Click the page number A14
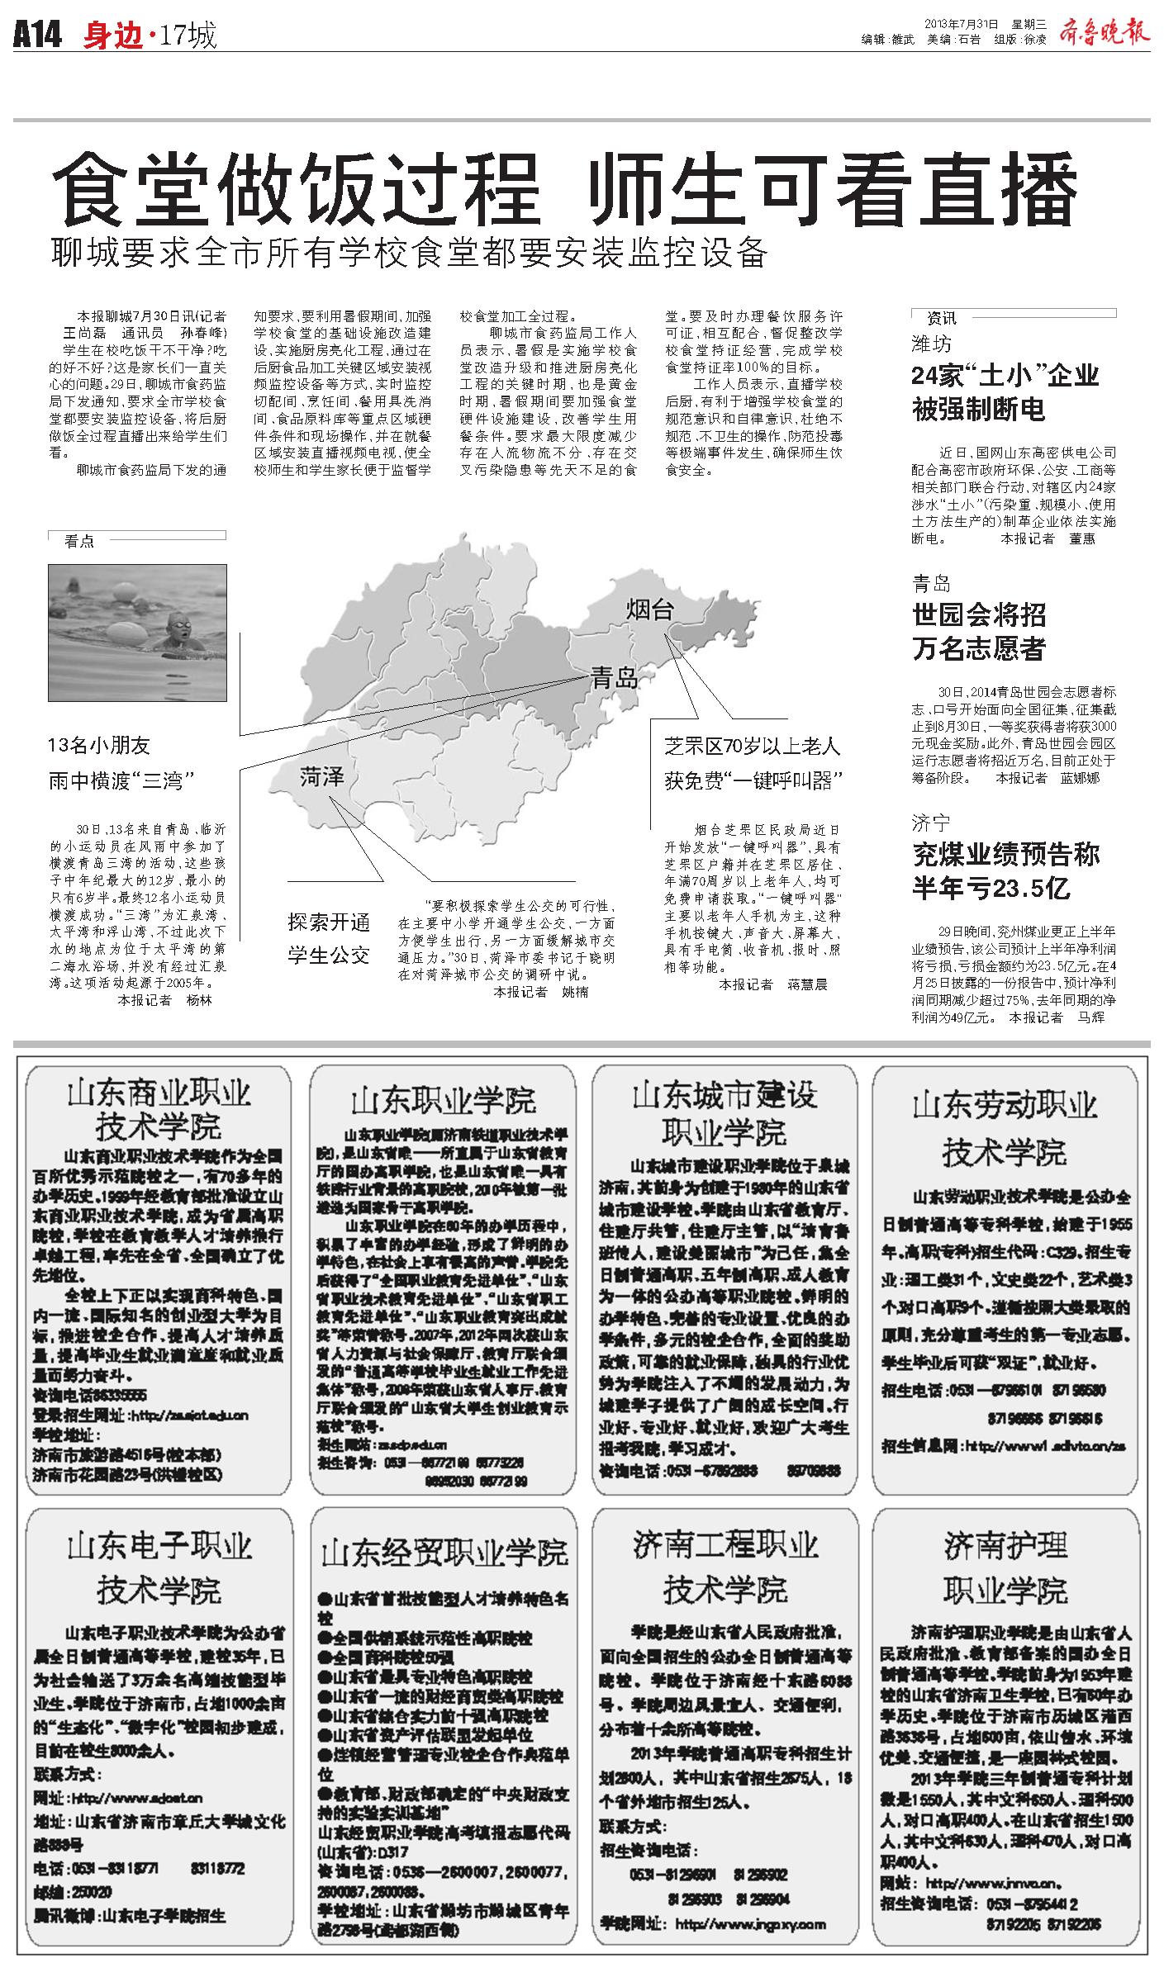[38, 36]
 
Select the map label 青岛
[614, 679]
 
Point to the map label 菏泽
[321, 777]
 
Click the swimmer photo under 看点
[137, 631]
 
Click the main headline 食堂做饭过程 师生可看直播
[565, 190]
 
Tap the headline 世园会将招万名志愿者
[979, 631]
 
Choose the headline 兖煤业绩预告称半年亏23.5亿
[1005, 870]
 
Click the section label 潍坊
[931, 343]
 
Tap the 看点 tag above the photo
[79, 542]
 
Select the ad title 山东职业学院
[443, 1100]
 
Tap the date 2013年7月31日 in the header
[961, 23]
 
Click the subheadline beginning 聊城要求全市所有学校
[409, 253]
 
